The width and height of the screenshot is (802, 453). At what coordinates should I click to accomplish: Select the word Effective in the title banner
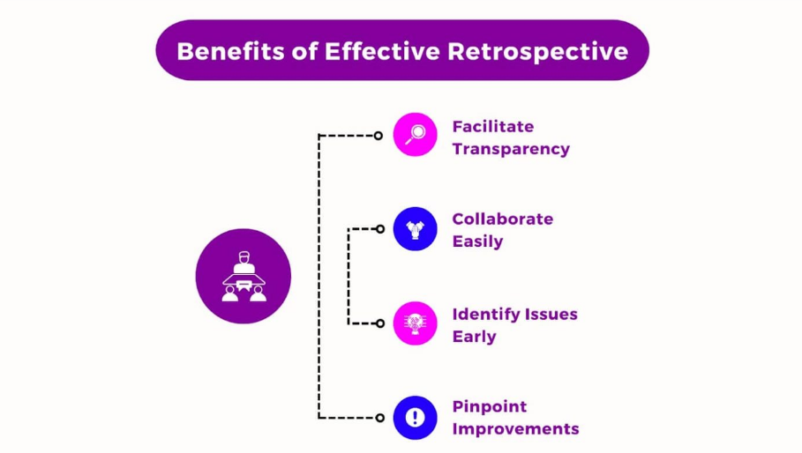pyautogui.click(x=381, y=50)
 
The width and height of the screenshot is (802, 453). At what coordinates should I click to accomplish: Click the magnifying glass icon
pyautogui.click(x=415, y=135)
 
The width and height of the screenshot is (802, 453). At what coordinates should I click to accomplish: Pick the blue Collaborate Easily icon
pyautogui.click(x=415, y=229)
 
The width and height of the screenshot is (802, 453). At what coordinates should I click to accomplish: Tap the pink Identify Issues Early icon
pyautogui.click(x=415, y=323)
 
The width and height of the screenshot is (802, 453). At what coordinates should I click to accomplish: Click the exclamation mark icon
pyautogui.click(x=415, y=417)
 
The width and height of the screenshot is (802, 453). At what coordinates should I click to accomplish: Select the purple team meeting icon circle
pyautogui.click(x=244, y=276)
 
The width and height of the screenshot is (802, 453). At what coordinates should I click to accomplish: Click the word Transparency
pyautogui.click(x=511, y=149)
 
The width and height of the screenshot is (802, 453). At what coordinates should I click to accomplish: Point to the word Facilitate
pyautogui.click(x=493, y=126)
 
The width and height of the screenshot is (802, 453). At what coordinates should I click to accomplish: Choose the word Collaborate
pyautogui.click(x=503, y=219)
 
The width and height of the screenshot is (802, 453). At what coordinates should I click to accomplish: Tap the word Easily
pyautogui.click(x=477, y=241)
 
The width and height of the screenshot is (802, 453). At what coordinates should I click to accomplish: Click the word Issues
pyautogui.click(x=547, y=314)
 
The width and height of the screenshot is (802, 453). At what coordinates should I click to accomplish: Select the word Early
pyautogui.click(x=475, y=337)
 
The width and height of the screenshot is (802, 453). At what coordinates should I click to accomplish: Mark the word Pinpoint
pyautogui.click(x=490, y=406)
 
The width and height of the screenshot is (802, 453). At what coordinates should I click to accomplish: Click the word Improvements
pyautogui.click(x=516, y=429)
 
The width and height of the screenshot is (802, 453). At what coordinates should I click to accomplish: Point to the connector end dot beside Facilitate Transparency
pyautogui.click(x=379, y=136)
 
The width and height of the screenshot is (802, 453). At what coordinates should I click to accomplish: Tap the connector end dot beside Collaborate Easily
pyautogui.click(x=380, y=229)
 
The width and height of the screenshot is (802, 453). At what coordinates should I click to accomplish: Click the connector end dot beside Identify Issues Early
pyautogui.click(x=380, y=323)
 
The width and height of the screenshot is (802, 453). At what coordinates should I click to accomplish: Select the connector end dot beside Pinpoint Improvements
pyautogui.click(x=380, y=418)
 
